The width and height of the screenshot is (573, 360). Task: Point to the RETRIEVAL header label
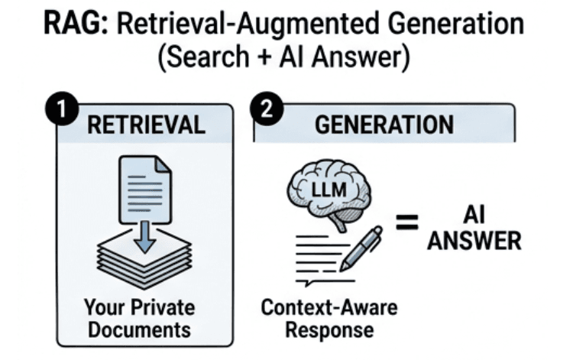coord(146,125)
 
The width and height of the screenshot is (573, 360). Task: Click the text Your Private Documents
coord(140,319)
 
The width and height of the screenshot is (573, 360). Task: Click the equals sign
coord(408,223)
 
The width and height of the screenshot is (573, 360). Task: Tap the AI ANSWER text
coord(474,229)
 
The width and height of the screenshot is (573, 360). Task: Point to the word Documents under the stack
coord(140,330)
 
